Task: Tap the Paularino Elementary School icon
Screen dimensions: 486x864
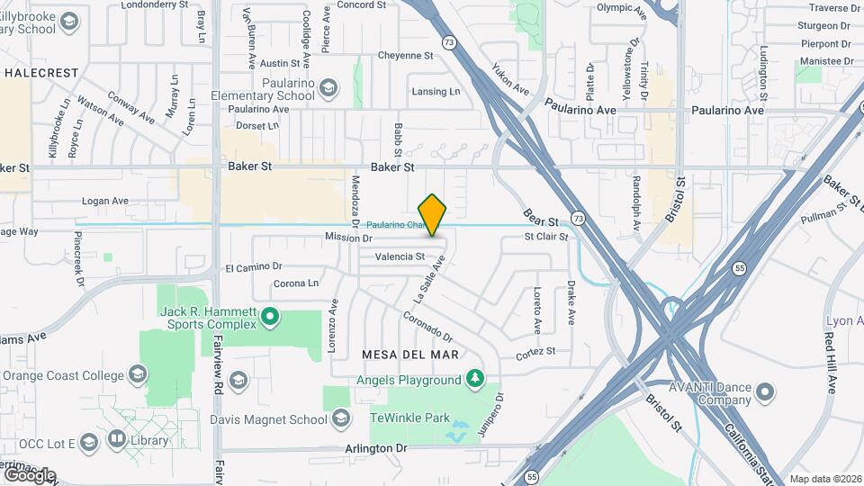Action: pyautogui.click(x=329, y=87)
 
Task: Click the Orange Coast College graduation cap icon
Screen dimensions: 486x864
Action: pyautogui.click(x=137, y=374)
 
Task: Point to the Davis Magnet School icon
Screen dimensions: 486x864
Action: pyautogui.click(x=341, y=418)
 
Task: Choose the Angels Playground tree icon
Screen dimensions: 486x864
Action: pyautogui.click(x=475, y=380)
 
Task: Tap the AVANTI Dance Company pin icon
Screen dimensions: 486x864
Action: pyautogui.click(x=765, y=391)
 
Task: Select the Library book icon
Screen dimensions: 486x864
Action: pyautogui.click(x=117, y=439)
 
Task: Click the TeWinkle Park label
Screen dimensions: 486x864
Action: pyautogui.click(x=409, y=418)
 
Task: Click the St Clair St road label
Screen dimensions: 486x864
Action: pyautogui.click(x=546, y=238)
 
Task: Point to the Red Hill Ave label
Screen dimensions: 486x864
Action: pyautogui.click(x=830, y=360)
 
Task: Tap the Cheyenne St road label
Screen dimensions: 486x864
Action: pyautogui.click(x=405, y=56)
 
